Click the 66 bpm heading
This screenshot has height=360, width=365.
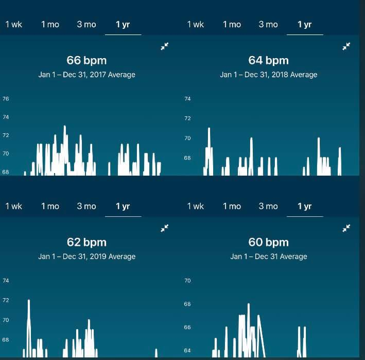(x=86, y=61)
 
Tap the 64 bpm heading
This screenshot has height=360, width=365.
(x=268, y=61)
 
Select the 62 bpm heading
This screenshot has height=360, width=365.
(x=86, y=242)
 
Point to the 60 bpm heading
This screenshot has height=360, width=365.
(x=268, y=242)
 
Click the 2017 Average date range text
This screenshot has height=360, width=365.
(x=86, y=75)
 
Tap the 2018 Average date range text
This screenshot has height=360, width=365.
(x=268, y=75)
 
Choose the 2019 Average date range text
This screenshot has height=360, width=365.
(x=86, y=256)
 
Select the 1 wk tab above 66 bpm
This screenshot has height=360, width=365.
(x=14, y=25)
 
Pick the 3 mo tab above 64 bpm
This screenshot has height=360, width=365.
(x=268, y=25)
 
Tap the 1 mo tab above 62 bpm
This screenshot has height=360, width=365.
(x=50, y=207)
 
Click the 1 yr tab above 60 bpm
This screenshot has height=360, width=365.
(x=304, y=207)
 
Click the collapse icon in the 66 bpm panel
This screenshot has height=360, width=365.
(x=165, y=46)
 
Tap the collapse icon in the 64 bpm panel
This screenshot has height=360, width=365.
(x=346, y=46)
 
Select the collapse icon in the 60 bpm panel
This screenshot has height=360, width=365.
(x=346, y=228)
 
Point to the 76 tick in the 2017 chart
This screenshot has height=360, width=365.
(x=6, y=99)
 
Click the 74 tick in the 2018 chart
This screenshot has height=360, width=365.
(x=187, y=99)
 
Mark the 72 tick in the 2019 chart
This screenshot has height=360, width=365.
(x=6, y=300)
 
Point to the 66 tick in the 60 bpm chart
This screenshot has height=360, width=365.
(x=187, y=328)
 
